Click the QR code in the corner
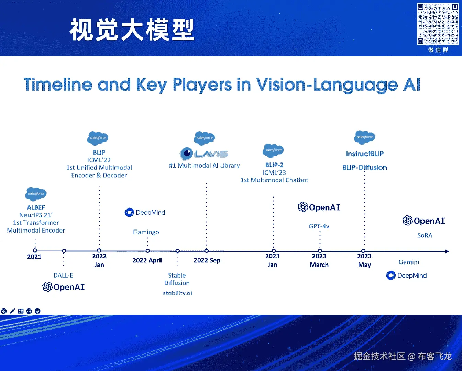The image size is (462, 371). pyautogui.click(x=438, y=24)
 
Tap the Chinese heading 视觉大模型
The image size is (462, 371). pyautogui.click(x=132, y=30)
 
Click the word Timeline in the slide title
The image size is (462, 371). pyautogui.click(x=58, y=85)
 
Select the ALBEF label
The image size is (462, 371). pyautogui.click(x=36, y=207)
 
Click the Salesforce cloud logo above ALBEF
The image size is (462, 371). pyautogui.click(x=36, y=194)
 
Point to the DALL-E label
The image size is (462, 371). pyautogui.click(x=63, y=275)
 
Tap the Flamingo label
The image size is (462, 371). pyautogui.click(x=146, y=232)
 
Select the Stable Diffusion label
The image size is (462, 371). pyautogui.click(x=177, y=279)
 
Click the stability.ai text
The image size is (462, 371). pyautogui.click(x=177, y=293)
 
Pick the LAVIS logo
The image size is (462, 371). pyautogui.click(x=204, y=154)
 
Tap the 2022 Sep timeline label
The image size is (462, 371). pyautogui.click(x=207, y=260)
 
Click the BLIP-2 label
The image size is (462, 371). pyautogui.click(x=274, y=165)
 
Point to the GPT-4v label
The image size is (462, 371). pyautogui.click(x=319, y=226)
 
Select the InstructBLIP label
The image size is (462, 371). pyautogui.click(x=365, y=154)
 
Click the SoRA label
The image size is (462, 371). pyautogui.click(x=425, y=235)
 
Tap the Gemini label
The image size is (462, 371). pyautogui.click(x=409, y=262)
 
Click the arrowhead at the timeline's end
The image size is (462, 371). pyautogui.click(x=447, y=251)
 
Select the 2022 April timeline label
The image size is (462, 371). pyautogui.click(x=147, y=260)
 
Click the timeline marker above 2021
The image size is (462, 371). pyautogui.click(x=35, y=251)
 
